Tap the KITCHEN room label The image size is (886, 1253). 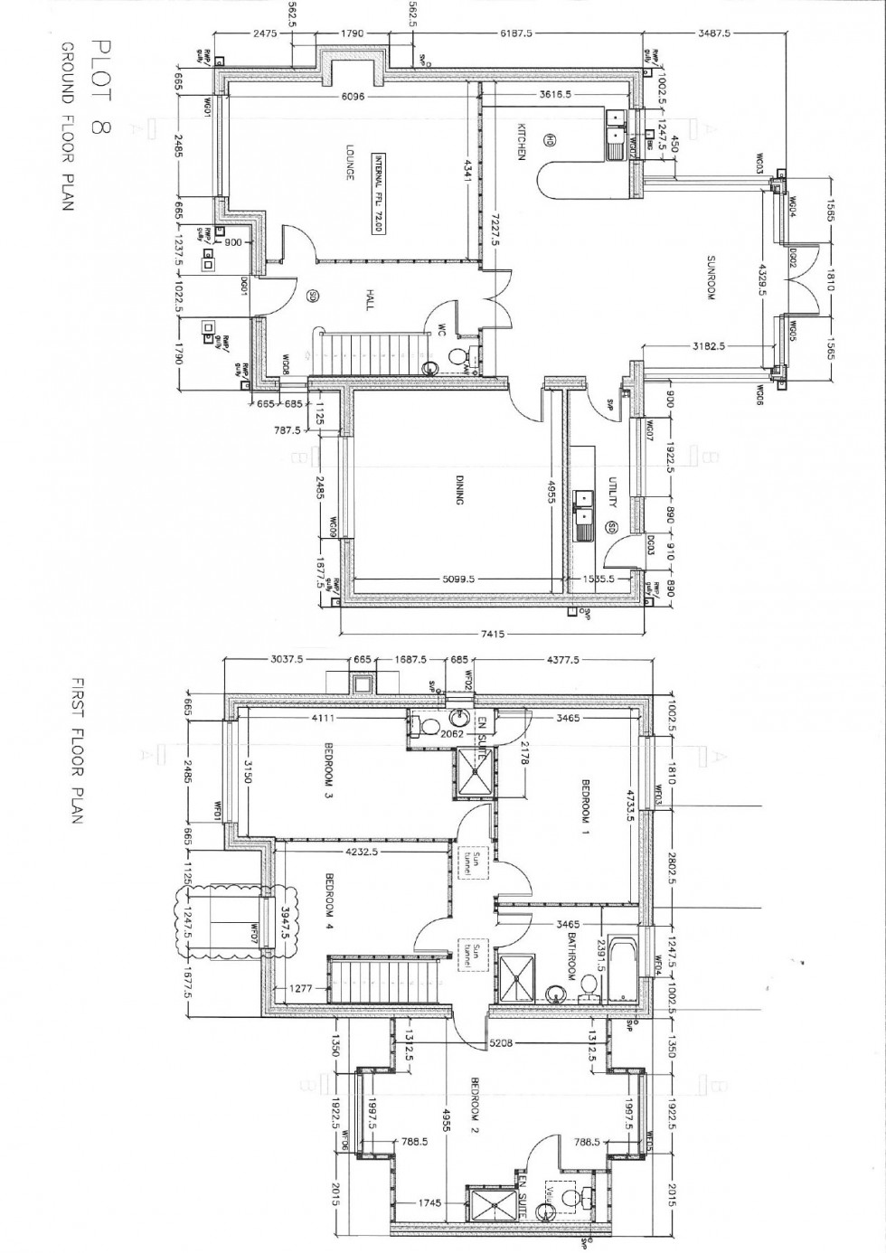[x=522, y=142]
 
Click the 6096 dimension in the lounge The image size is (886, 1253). [x=352, y=97]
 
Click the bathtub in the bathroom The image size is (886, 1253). [x=625, y=969]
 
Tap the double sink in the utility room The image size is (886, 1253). [x=584, y=510]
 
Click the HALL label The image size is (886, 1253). [x=369, y=301]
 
